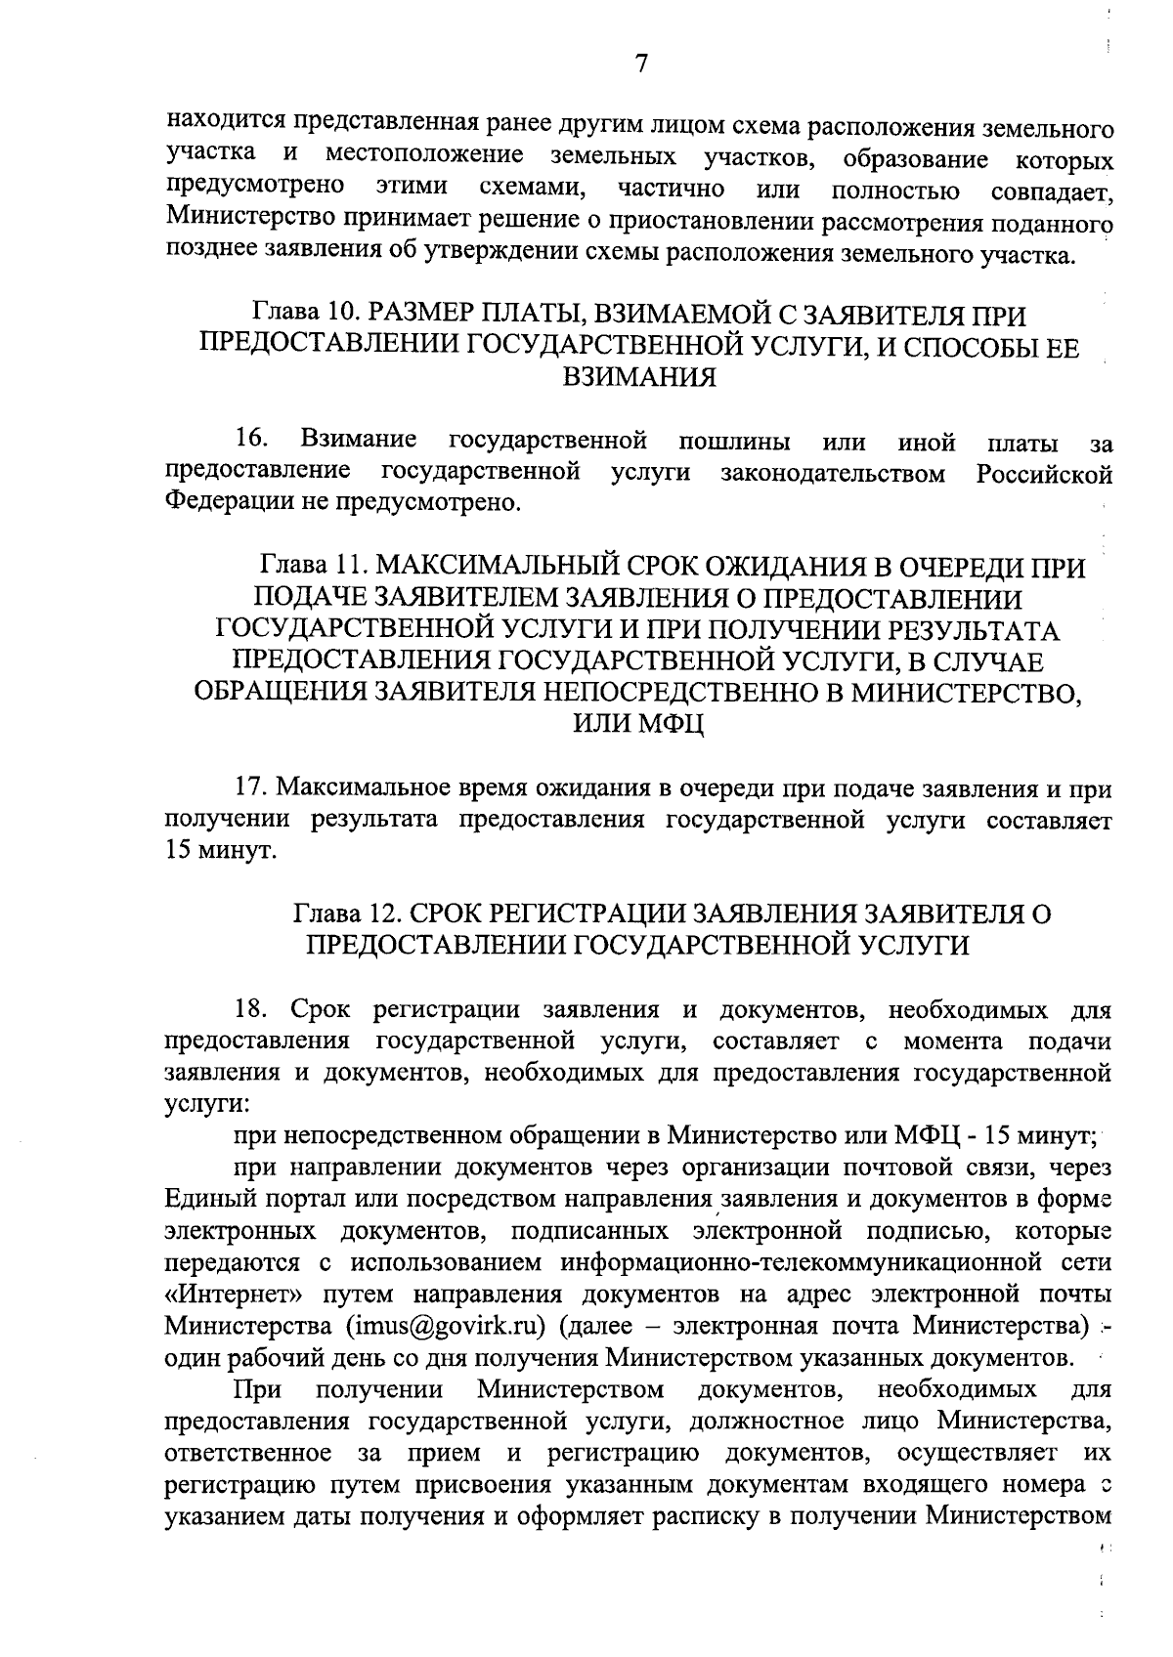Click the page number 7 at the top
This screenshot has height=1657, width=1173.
(640, 64)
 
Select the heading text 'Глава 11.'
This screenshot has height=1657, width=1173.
(312, 568)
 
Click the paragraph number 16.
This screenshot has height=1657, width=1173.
(252, 443)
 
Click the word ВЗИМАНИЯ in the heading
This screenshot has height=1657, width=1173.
(640, 377)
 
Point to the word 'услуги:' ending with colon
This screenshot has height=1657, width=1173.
(203, 1104)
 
